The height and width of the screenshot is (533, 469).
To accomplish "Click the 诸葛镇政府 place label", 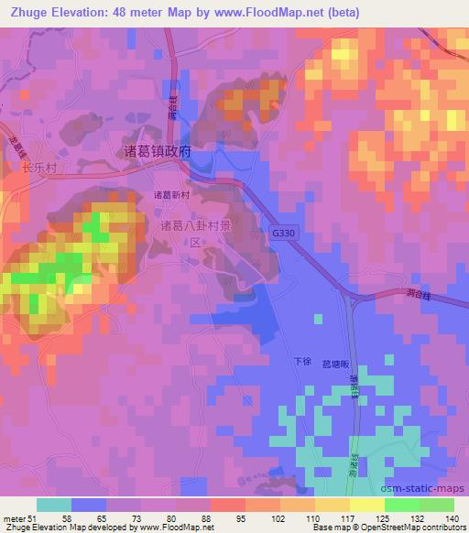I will point(157,152).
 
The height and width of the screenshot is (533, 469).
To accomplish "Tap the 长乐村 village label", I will point(39,169).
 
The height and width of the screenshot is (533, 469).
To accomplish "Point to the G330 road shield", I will point(284,234).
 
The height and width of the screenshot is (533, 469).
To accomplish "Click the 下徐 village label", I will point(302,363).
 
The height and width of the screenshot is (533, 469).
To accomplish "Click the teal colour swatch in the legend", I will point(54,505).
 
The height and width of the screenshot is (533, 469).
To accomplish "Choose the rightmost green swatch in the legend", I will point(437,505).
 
